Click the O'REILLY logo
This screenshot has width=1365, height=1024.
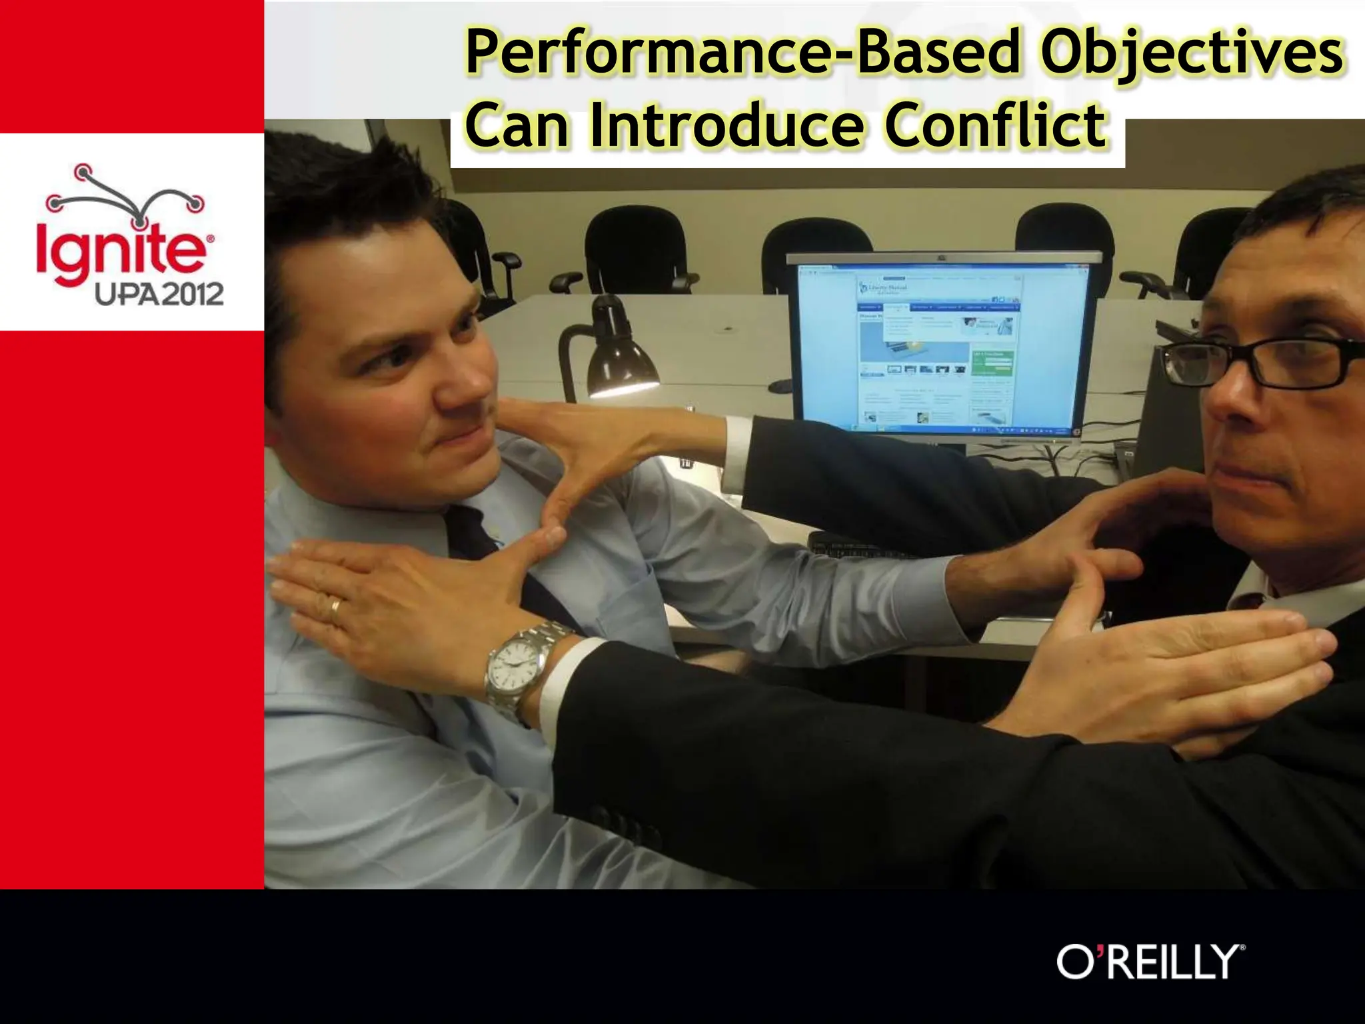pos(1150,961)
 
